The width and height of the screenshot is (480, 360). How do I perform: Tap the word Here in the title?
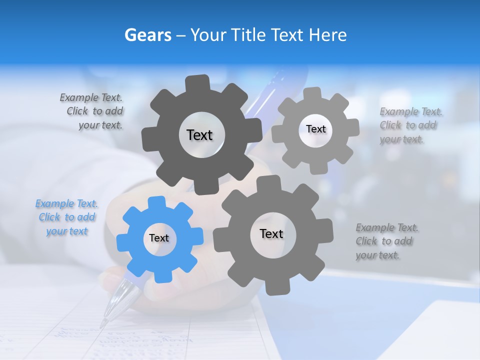tap(328, 35)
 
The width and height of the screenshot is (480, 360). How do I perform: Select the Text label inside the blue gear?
tap(159, 238)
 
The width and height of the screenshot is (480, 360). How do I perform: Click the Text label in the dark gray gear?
tap(199, 135)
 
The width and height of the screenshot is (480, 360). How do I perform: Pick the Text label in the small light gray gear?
tap(315, 129)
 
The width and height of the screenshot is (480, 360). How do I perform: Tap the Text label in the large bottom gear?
tap(271, 234)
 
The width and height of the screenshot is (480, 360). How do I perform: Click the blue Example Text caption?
tap(66, 217)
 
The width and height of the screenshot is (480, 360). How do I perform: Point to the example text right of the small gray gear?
tap(408, 125)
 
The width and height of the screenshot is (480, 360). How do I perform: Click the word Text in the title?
tap(287, 35)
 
